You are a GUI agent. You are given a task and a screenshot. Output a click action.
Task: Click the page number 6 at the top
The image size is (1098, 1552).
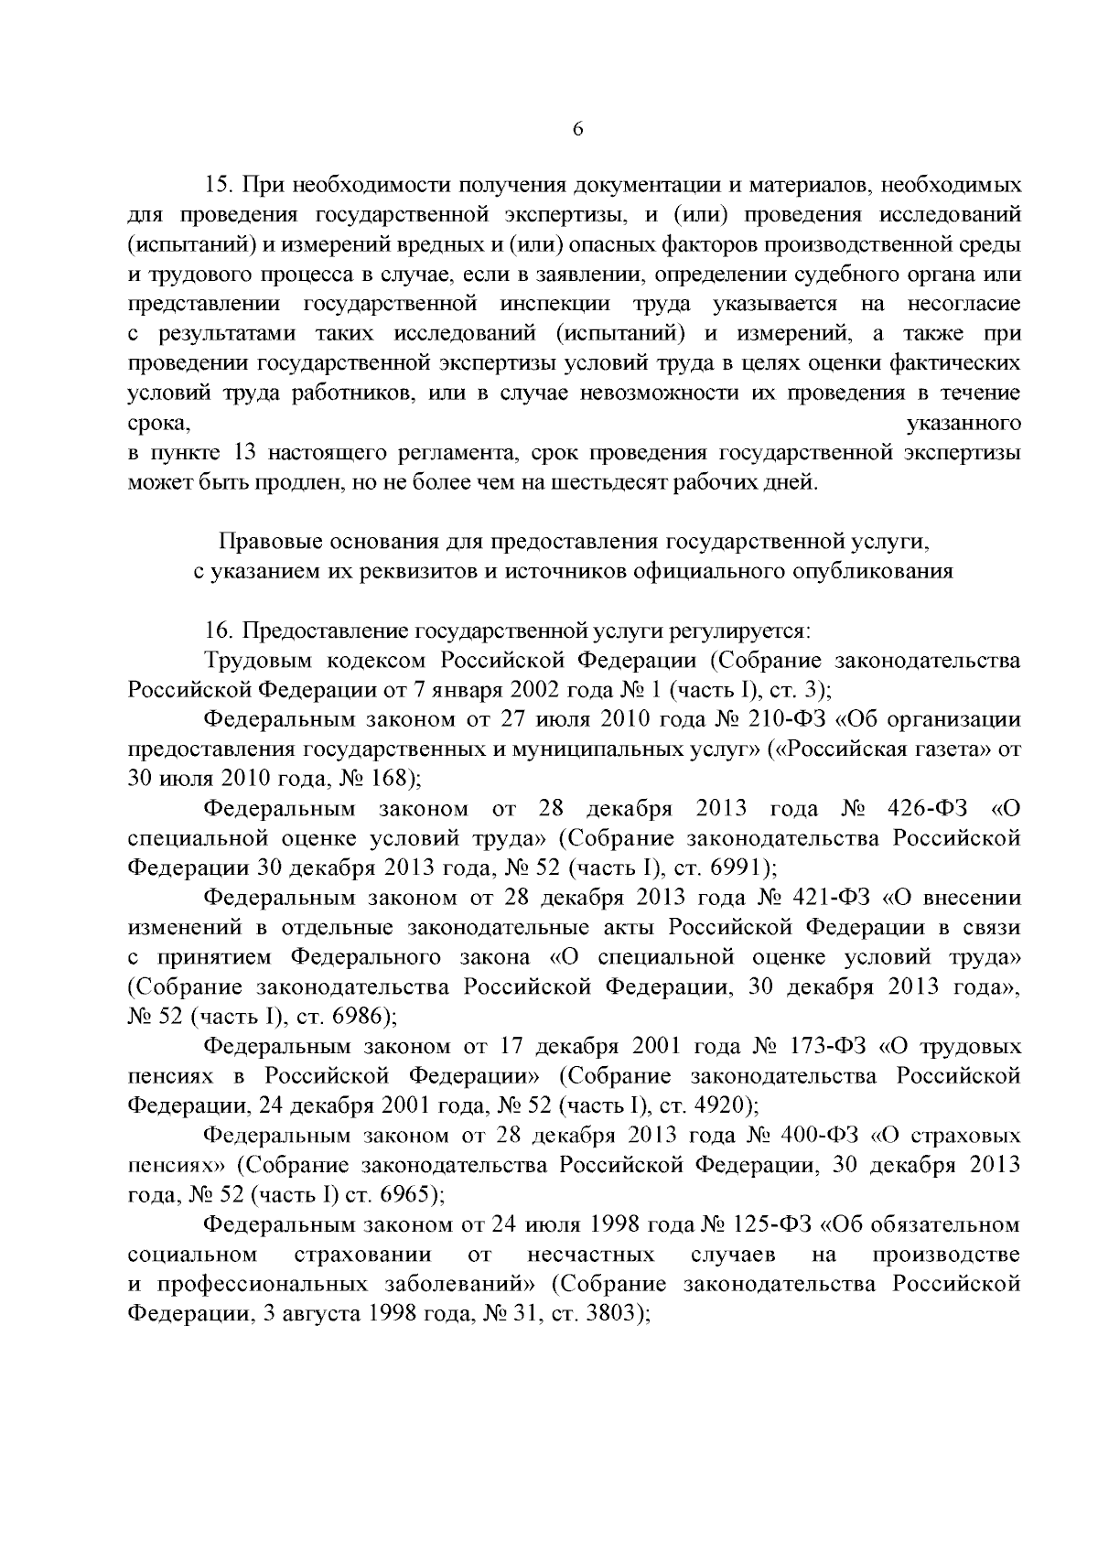coord(577,129)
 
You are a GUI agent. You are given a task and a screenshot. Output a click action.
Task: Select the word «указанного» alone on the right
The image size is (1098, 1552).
coord(962,424)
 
